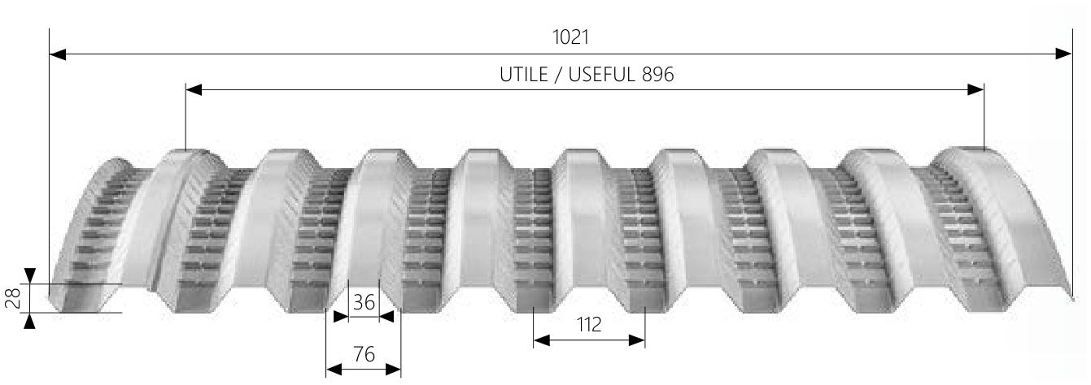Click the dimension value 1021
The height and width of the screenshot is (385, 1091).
[x=569, y=37]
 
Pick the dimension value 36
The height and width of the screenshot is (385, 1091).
[x=364, y=303]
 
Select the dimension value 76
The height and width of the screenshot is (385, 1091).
[x=364, y=354]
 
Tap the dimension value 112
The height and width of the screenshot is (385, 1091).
[x=589, y=325]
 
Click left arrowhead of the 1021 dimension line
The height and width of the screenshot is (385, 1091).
[x=57, y=54]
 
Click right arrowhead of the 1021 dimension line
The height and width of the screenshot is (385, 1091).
[x=1064, y=54]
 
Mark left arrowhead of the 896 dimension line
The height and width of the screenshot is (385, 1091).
[x=194, y=89]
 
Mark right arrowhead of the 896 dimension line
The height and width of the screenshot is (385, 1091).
[x=976, y=89]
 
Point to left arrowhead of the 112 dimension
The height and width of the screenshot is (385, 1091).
[x=541, y=340]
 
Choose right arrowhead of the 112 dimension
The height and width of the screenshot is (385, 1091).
[x=638, y=340]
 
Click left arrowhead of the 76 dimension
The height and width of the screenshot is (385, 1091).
[x=333, y=370]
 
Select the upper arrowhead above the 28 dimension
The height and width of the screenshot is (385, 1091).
[x=30, y=275]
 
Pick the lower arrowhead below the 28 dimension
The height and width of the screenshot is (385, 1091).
[x=30, y=321]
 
